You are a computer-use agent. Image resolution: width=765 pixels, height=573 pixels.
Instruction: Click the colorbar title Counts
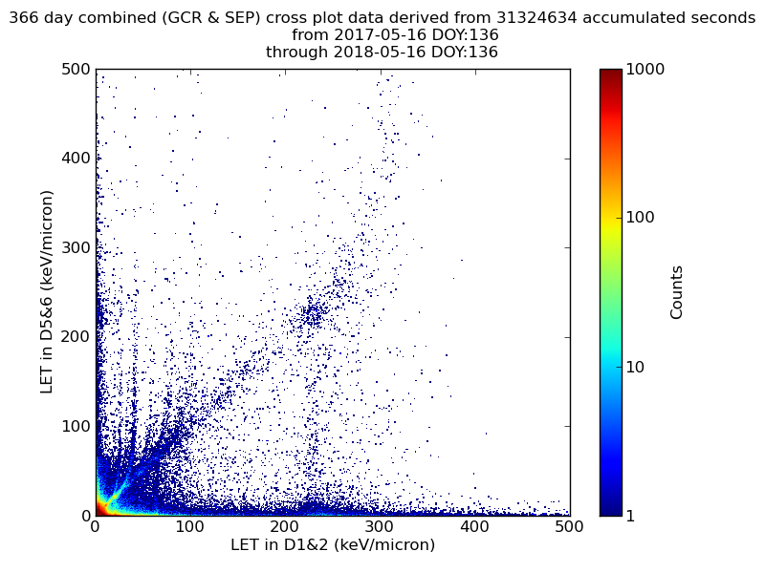(677, 292)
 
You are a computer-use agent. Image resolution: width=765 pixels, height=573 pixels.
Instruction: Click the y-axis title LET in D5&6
(47, 291)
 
